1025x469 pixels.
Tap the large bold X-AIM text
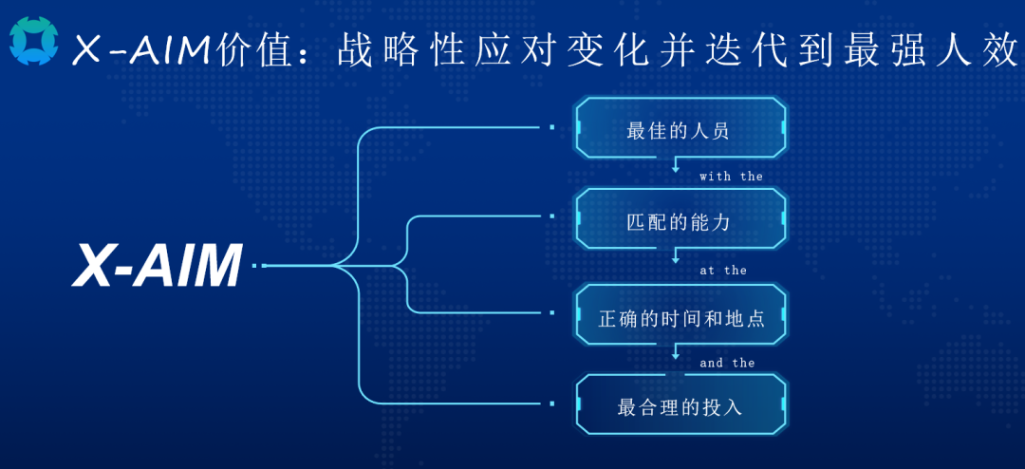click(x=157, y=266)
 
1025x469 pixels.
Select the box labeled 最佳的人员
click(x=680, y=128)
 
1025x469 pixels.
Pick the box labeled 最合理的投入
click(x=680, y=404)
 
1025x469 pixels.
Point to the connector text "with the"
click(x=731, y=176)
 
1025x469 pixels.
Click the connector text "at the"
click(x=723, y=271)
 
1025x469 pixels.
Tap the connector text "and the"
click(x=727, y=363)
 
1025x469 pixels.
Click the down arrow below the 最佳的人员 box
click(x=676, y=163)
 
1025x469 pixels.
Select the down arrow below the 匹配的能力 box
click(x=676, y=255)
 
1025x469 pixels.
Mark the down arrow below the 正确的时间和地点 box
click(x=676, y=351)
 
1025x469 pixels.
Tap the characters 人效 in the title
click(x=986, y=50)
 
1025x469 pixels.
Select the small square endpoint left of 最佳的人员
click(x=552, y=127)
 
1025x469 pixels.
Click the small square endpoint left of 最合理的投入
click(x=552, y=403)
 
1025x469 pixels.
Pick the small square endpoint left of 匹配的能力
click(x=552, y=216)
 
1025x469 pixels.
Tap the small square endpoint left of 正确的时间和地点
click(x=552, y=312)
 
